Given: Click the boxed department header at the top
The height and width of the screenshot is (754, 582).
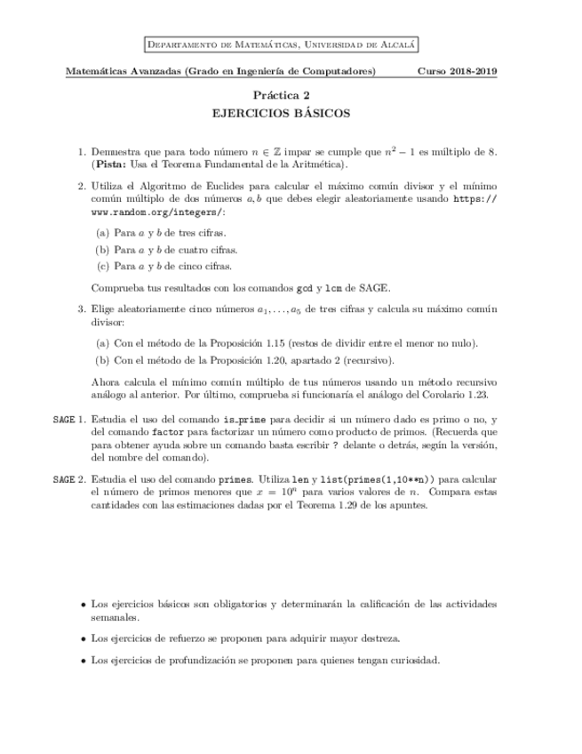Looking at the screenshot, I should [x=282, y=44].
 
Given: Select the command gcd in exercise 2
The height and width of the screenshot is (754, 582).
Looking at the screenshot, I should [x=304, y=287].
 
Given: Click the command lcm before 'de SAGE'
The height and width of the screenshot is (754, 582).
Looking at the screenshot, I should [x=334, y=287].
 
